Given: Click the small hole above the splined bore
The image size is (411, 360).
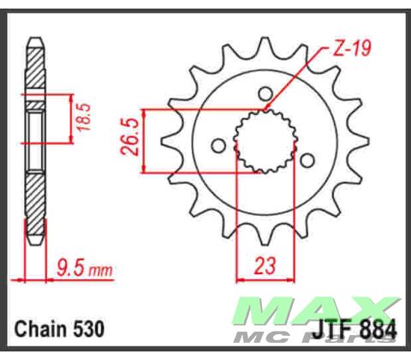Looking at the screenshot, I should tap(265, 93).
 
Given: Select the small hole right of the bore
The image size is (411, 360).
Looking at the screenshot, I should tap(305, 157).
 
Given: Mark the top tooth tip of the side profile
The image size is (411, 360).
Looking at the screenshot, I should tap(35, 39).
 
